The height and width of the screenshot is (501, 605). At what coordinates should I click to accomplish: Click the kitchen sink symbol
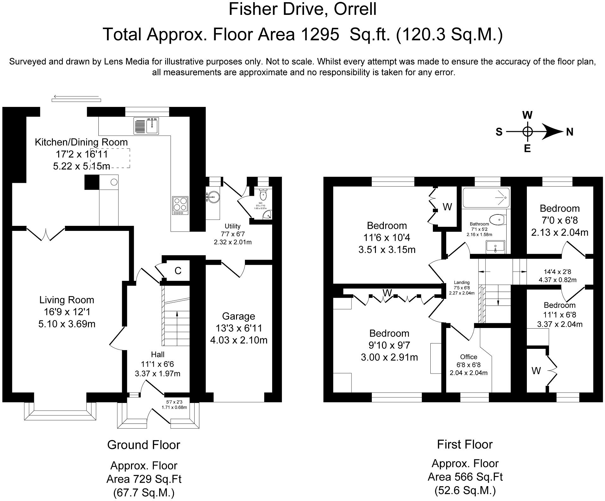[146, 125]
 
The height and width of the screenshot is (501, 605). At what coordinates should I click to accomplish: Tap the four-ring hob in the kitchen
[180, 206]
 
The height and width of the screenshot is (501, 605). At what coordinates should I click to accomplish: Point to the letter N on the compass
[570, 132]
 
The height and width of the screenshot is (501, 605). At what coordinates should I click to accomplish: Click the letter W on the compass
[527, 115]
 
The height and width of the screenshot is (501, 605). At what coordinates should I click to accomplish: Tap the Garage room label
[238, 316]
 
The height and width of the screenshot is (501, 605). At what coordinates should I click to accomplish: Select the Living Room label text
[67, 300]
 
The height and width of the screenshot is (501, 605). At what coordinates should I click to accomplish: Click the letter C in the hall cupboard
[178, 271]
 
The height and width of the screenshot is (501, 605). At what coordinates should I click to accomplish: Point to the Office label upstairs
[469, 357]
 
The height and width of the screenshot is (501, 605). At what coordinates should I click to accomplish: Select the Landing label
[462, 282]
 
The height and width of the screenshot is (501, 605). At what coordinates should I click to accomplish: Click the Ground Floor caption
[144, 445]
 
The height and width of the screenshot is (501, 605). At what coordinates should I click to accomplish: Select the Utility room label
[233, 226]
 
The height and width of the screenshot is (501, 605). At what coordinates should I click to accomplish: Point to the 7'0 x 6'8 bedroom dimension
[559, 220]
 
